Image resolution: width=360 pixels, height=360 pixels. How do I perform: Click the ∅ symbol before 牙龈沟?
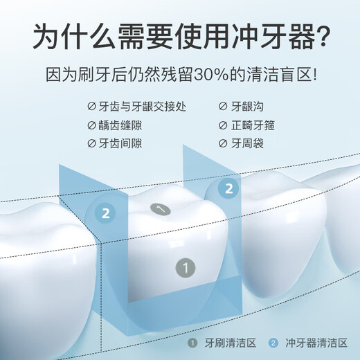(x=223, y=107)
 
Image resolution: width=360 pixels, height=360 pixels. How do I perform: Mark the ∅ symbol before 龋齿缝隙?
(x=92, y=126)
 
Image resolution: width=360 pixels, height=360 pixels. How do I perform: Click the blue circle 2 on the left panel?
(x=105, y=213)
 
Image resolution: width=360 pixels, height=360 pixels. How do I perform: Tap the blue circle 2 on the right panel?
(x=230, y=188)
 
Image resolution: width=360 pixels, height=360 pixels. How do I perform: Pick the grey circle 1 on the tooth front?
(x=184, y=265)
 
